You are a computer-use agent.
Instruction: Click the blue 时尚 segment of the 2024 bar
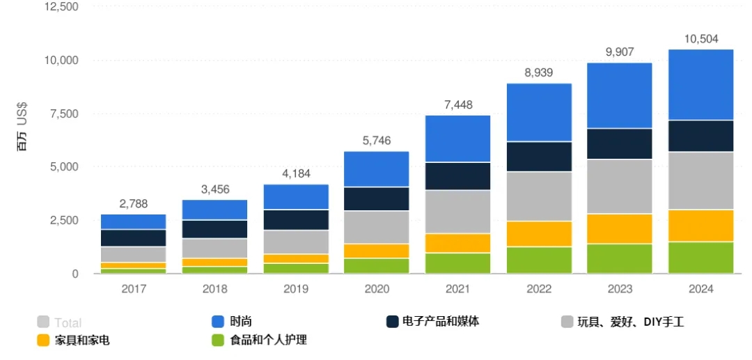click(x=700, y=84)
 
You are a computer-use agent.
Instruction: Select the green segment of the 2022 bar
click(x=539, y=260)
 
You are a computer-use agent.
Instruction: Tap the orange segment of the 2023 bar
click(x=620, y=228)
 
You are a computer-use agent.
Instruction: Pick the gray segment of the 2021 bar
click(x=458, y=212)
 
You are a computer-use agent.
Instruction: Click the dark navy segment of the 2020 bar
click(x=377, y=198)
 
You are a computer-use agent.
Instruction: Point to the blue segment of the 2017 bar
click(x=133, y=221)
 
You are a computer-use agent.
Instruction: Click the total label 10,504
click(x=701, y=38)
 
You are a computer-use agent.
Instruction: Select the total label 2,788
click(x=133, y=203)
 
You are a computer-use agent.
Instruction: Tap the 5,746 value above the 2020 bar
click(x=377, y=141)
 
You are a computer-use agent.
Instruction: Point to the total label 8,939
click(x=539, y=72)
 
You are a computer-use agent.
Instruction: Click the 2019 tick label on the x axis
click(x=295, y=289)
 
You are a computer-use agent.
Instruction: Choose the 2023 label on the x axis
click(x=620, y=289)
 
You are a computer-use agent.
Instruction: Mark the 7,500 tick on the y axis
click(x=62, y=114)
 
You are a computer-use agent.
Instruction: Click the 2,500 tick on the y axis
click(x=62, y=221)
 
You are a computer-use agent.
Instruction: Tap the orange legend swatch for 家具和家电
click(x=43, y=341)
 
